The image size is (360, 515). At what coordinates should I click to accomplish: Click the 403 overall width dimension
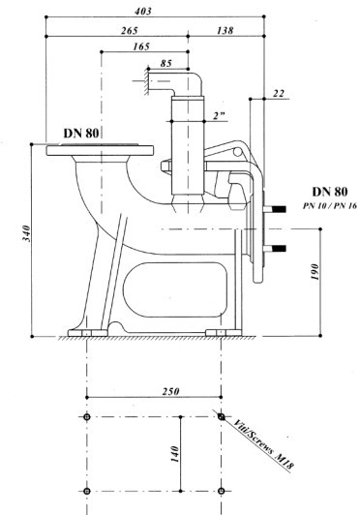[143, 12]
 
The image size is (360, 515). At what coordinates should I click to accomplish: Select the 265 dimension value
[130, 31]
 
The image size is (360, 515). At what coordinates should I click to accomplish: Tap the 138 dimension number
[225, 31]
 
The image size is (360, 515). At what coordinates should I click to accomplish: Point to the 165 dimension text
[141, 46]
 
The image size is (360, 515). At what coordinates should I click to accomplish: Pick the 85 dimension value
[166, 63]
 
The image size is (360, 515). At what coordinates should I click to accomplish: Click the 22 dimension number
[278, 94]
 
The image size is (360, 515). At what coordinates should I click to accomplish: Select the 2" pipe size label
[219, 116]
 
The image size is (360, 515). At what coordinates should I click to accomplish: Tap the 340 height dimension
[26, 233]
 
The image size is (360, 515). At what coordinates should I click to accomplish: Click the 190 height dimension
[315, 271]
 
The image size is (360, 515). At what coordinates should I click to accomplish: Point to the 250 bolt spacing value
[170, 391]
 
